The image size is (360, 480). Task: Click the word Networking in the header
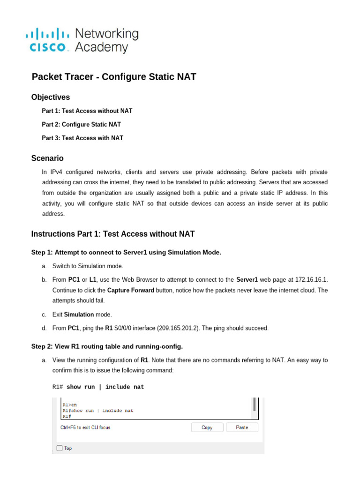pyautogui.click(x=107, y=34)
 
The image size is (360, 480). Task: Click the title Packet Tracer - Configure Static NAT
pyautogui.click(x=113, y=77)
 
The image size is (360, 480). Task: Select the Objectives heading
pyautogui.click(x=51, y=97)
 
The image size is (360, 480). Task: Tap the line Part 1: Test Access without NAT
pyautogui.click(x=87, y=111)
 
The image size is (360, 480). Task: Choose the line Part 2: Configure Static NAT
pyautogui.click(x=81, y=125)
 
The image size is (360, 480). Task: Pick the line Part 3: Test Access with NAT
pyautogui.click(x=82, y=138)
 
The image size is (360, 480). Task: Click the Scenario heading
pyautogui.click(x=47, y=158)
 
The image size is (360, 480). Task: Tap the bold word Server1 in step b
pyautogui.click(x=247, y=280)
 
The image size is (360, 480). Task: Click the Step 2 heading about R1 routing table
pyautogui.click(x=107, y=346)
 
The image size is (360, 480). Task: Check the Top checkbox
pyautogui.click(x=60, y=448)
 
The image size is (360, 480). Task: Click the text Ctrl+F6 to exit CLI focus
pyautogui.click(x=86, y=427)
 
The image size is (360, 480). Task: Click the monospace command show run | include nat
pyautogui.click(x=105, y=387)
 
